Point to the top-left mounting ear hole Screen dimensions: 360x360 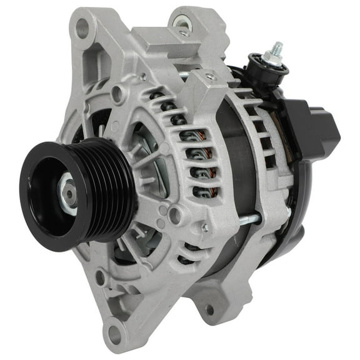click(82, 26)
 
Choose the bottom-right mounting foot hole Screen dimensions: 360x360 click(209, 309)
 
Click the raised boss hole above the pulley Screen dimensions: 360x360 click(116, 94)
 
